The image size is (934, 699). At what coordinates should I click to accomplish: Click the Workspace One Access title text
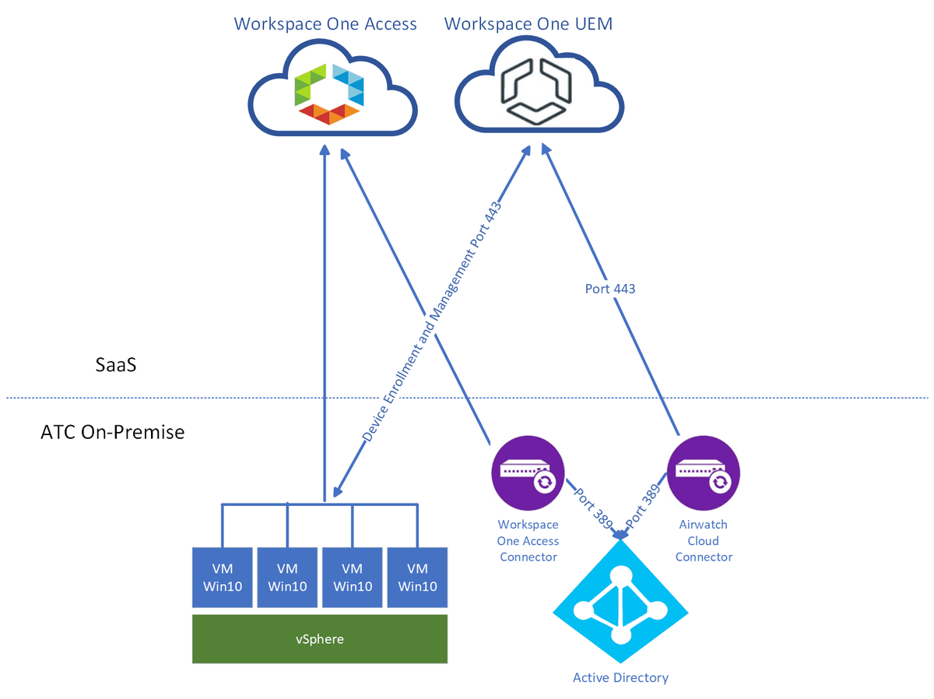tap(325, 23)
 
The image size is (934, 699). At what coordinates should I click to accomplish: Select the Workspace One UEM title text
tap(528, 23)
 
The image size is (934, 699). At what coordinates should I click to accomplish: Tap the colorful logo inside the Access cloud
tap(328, 94)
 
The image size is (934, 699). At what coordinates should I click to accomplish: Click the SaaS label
tap(111, 364)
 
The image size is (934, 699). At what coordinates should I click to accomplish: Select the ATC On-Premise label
tap(112, 431)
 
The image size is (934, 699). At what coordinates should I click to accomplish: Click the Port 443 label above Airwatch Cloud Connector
tap(609, 289)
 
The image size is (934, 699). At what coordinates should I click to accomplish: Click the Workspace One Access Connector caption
tap(528, 541)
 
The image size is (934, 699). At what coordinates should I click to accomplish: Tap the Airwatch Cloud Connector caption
tap(704, 541)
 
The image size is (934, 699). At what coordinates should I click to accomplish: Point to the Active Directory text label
tap(620, 677)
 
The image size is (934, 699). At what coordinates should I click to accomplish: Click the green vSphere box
tap(320, 639)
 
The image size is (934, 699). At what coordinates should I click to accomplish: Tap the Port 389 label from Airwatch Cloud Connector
tap(645, 507)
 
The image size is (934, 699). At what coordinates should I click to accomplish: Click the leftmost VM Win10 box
tap(222, 578)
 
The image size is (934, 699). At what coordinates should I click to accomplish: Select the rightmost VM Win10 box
tap(417, 578)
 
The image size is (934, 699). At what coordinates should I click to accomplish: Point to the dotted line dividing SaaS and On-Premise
tap(233, 398)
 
